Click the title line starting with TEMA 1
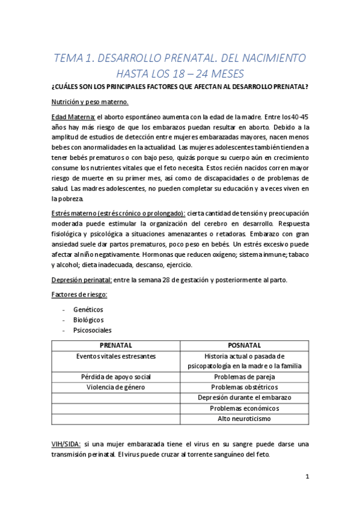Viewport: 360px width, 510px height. [x=180, y=58]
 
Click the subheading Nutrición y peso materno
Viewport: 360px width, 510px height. [x=90, y=102]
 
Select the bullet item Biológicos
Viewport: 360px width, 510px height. [x=88, y=319]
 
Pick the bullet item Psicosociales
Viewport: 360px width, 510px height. [x=93, y=330]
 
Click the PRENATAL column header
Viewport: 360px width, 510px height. [x=115, y=345]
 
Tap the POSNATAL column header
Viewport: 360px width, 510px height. [x=244, y=345]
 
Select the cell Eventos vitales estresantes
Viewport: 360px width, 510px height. [x=115, y=356]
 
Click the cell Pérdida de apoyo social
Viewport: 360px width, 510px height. [x=115, y=376]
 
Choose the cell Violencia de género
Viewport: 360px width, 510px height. [x=115, y=387]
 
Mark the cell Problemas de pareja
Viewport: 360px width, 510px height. [x=244, y=376]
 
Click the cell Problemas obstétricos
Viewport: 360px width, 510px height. [x=244, y=387]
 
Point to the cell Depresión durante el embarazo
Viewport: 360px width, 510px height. [x=244, y=398]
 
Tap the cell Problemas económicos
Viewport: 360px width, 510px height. [x=244, y=408]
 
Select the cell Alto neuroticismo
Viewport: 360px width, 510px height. [x=244, y=418]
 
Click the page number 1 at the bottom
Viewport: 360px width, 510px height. [x=307, y=478]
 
